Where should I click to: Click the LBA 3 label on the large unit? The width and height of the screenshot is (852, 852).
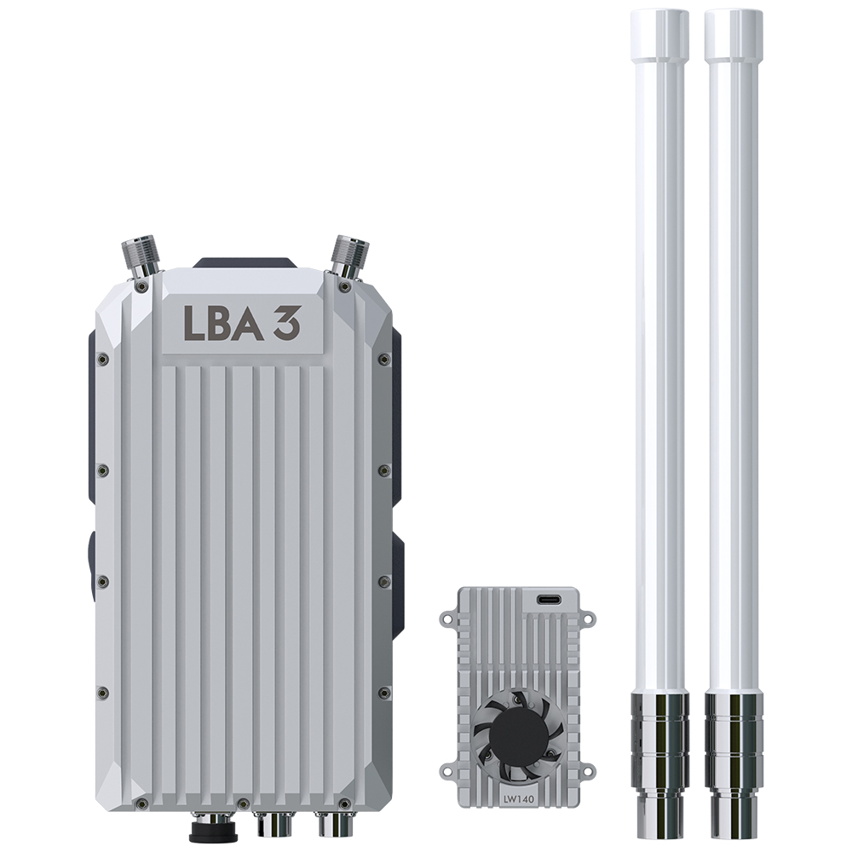point(241,322)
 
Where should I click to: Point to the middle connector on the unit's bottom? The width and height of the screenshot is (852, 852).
point(274,823)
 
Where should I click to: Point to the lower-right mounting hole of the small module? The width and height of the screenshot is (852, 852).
point(589,773)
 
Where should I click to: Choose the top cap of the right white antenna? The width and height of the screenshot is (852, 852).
point(734,34)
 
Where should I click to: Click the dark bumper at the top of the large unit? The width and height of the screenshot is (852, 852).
point(245,262)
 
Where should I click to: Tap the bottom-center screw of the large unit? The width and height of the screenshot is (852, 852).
point(243,803)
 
